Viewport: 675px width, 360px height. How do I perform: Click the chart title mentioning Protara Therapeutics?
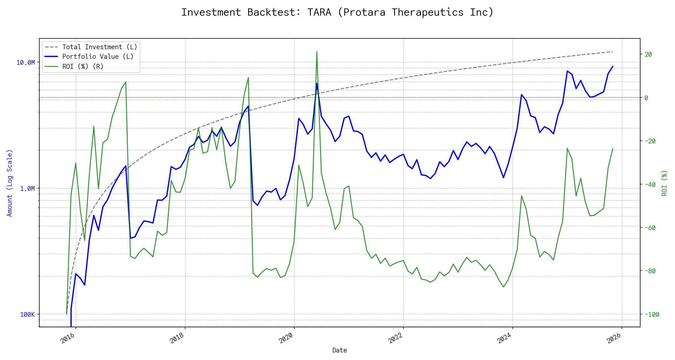[x=337, y=12]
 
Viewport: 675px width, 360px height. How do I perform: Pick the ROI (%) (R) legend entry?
[x=82, y=67]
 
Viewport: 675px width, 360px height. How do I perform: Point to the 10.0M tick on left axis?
[x=26, y=63]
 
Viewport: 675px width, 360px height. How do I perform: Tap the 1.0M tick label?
[x=27, y=189]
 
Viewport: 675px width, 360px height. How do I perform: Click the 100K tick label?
[x=27, y=315]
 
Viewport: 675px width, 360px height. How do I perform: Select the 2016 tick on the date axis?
[x=68, y=338]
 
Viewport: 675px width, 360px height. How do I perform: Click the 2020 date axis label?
[x=286, y=338]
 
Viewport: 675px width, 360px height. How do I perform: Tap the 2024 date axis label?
[x=505, y=338]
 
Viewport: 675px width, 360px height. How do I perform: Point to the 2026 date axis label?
[x=614, y=338]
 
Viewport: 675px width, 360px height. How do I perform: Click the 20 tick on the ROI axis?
[x=648, y=55]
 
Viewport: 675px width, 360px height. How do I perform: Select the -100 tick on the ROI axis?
[x=652, y=315]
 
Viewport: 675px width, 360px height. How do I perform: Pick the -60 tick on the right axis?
[x=650, y=228]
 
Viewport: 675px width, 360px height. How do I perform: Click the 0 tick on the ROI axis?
[x=646, y=98]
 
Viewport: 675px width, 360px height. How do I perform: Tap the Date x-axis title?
[x=340, y=350]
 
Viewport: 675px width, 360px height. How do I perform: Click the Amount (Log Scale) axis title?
[x=10, y=183]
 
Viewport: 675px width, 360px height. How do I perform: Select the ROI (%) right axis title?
[x=664, y=183]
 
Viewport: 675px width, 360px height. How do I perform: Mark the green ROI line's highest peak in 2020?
[x=317, y=52]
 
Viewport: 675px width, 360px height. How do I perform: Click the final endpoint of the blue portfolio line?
[x=613, y=66]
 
